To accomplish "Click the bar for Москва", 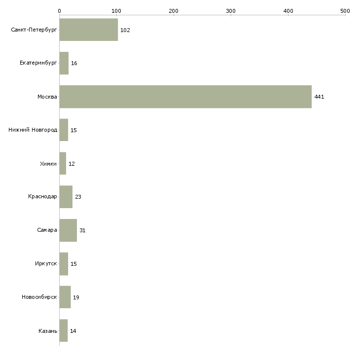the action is pyautogui.click(x=185, y=97).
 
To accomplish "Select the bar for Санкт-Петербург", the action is pyautogui.click(x=89, y=30).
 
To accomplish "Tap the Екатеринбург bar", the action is pyautogui.click(x=64, y=63).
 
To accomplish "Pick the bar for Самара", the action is pyautogui.click(x=68, y=230).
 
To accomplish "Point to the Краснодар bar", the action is pyautogui.click(x=66, y=197).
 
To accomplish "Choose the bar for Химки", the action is pyautogui.click(x=63, y=163).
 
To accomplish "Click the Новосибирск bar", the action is pyautogui.click(x=65, y=297).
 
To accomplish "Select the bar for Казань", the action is pyautogui.click(x=64, y=330).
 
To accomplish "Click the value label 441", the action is pyautogui.click(x=319, y=97).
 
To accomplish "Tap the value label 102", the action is pyautogui.click(x=125, y=30).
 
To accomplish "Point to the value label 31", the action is pyautogui.click(x=82, y=230).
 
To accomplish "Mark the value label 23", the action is pyautogui.click(x=78, y=197).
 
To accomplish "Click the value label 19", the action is pyautogui.click(x=76, y=297).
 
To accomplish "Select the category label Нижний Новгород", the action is pyautogui.click(x=33, y=130).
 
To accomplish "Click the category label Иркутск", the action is pyautogui.click(x=46, y=263).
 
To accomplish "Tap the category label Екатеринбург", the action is pyautogui.click(x=38, y=63).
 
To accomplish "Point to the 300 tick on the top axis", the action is pyautogui.click(x=231, y=15).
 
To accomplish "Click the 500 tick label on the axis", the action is pyautogui.click(x=345, y=11).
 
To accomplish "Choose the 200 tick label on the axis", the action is pyautogui.click(x=174, y=11).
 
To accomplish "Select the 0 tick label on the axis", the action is pyautogui.click(x=60, y=11).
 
